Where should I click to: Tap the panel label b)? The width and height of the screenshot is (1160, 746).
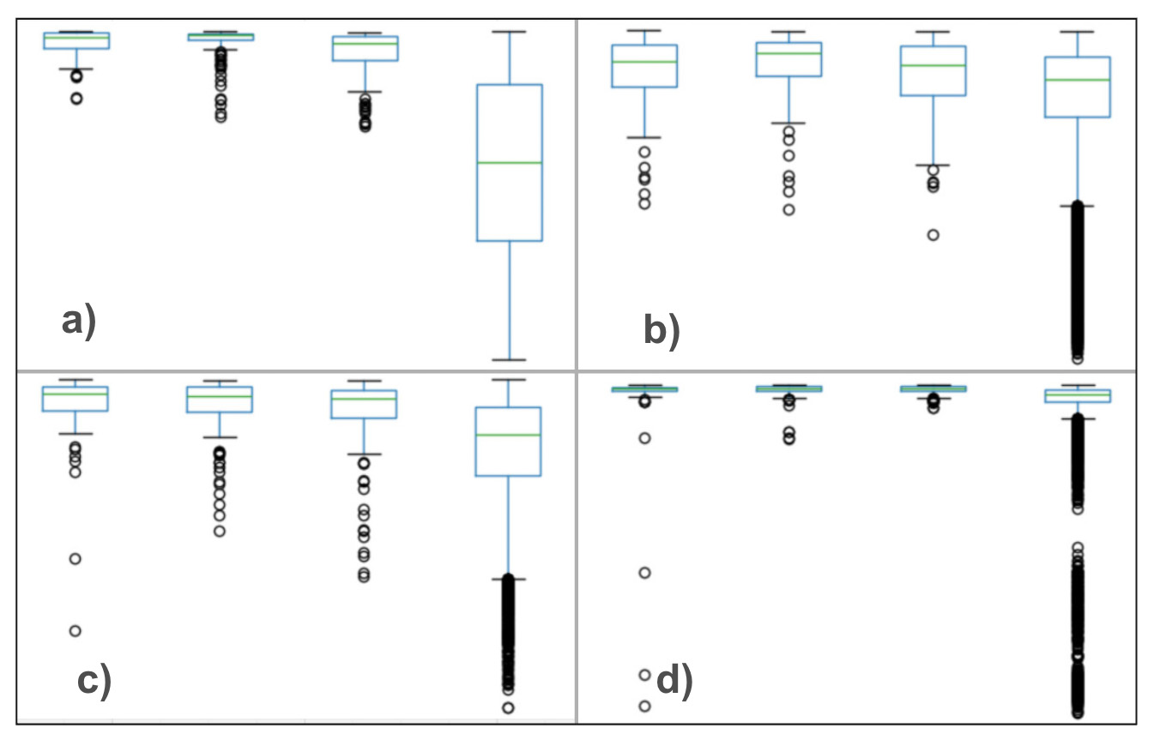661,330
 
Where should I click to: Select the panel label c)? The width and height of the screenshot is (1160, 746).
94,681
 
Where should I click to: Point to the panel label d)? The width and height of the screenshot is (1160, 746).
674,682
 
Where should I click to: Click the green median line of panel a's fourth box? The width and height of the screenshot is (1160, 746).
509,162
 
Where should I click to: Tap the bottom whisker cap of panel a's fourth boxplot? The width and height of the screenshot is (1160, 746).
509,359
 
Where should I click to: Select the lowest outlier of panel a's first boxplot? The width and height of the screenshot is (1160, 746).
76,99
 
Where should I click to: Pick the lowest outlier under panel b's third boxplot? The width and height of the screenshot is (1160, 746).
933,235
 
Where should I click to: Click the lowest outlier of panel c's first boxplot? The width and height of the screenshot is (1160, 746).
76,631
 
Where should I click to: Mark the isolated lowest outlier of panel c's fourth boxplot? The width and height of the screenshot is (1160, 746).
508,708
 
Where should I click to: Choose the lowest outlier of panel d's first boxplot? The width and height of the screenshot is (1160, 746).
644,707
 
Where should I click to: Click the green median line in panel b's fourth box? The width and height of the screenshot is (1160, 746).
1077,80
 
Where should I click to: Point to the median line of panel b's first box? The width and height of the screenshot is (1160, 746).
644,62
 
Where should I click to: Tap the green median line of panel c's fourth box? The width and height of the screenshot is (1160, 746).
508,435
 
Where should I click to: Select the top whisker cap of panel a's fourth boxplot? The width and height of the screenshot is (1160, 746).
509,32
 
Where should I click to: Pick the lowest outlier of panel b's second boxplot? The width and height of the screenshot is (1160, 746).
788,209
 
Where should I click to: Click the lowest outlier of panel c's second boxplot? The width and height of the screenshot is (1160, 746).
220,531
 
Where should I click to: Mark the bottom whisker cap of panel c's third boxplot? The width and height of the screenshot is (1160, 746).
364,454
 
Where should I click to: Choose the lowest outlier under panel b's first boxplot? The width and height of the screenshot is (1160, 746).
644,204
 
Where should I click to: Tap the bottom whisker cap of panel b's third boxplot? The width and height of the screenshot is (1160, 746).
933,165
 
